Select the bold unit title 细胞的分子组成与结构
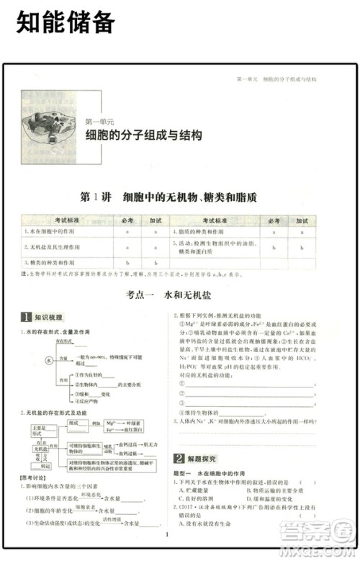pos(144,135)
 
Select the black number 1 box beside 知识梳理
pos(25,317)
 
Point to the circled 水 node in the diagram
pos(50,359)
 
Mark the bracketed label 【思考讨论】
pos(34,477)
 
